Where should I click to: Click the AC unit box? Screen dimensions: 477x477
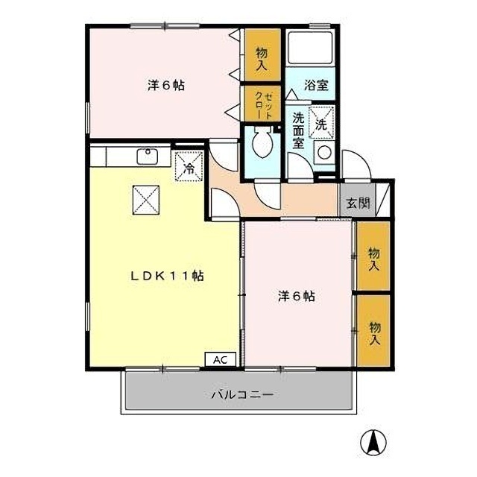click(x=221, y=359)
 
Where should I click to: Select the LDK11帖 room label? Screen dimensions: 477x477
click(x=167, y=277)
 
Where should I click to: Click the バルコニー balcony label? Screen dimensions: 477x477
click(x=242, y=395)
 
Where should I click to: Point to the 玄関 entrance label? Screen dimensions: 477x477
click(x=358, y=202)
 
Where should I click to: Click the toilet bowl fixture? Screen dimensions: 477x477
click(x=262, y=142)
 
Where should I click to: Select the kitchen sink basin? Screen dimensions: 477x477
click(x=148, y=157)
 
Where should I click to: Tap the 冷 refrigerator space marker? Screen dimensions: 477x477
click(x=189, y=167)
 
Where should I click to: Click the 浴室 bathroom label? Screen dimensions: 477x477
click(x=316, y=85)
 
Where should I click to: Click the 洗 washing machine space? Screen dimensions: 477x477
click(x=321, y=123)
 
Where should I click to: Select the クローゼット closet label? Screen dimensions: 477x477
click(x=263, y=106)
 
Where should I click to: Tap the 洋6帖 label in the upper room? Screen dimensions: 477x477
click(x=166, y=85)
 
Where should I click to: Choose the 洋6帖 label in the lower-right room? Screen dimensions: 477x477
click(x=297, y=296)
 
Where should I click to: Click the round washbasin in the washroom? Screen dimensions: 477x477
click(x=324, y=152)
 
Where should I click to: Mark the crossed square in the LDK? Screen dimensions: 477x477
click(x=146, y=200)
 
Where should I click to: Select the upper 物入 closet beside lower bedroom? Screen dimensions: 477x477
click(x=373, y=256)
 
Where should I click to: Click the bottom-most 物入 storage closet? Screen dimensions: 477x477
click(x=373, y=330)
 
